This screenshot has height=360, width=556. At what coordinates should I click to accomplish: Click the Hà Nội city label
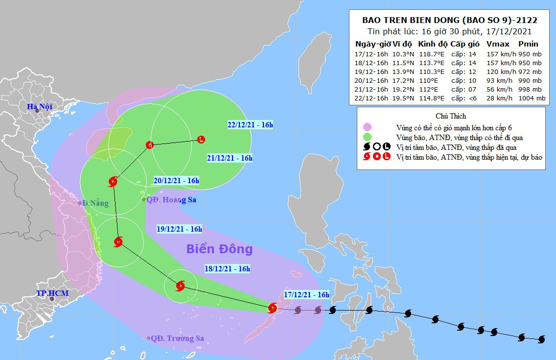pyautogui.click(x=39, y=106)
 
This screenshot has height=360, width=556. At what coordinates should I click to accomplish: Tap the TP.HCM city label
pyautogui.click(x=52, y=293)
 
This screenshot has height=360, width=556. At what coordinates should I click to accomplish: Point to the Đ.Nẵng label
pyautogui.click(x=95, y=203)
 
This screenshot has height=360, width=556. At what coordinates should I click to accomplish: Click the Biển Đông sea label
pyautogui.click(x=219, y=249)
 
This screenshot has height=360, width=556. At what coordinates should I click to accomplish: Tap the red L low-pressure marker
pyautogui.click(x=201, y=140)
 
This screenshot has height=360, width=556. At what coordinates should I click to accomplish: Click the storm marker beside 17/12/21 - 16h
pyautogui.click(x=273, y=308)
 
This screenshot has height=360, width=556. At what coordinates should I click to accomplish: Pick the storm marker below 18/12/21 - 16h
pyautogui.click(x=180, y=286)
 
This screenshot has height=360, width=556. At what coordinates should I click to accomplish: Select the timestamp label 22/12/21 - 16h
pyautogui.click(x=250, y=125)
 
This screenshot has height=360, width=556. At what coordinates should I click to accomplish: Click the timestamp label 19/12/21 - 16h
pyautogui.click(x=179, y=229)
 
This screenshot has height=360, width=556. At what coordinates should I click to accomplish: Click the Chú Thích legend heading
pyautogui.click(x=450, y=116)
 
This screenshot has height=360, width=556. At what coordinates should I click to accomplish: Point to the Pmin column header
pyautogui.click(x=528, y=44)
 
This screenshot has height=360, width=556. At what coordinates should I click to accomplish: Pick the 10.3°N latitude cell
pyautogui.click(x=404, y=54)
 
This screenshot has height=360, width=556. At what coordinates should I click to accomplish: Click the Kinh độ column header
pyautogui.click(x=433, y=44)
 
